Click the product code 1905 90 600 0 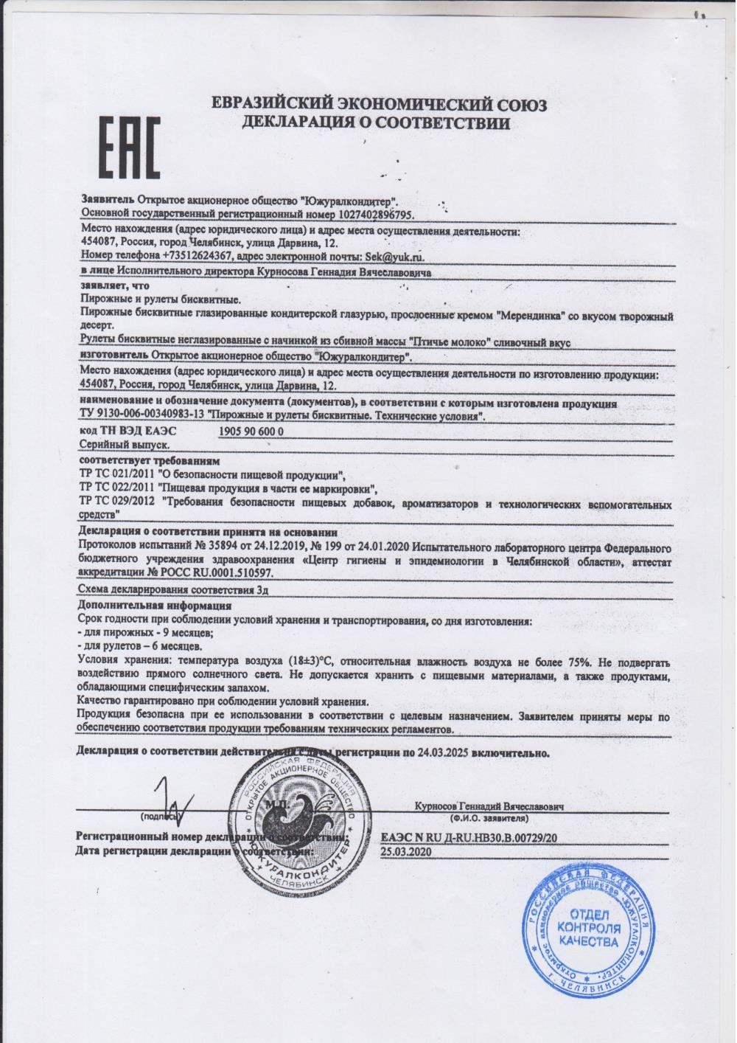pyautogui.click(x=251, y=431)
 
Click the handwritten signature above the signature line pyautogui.click(x=174, y=802)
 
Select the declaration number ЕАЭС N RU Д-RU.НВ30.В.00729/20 pyautogui.click(x=469, y=838)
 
